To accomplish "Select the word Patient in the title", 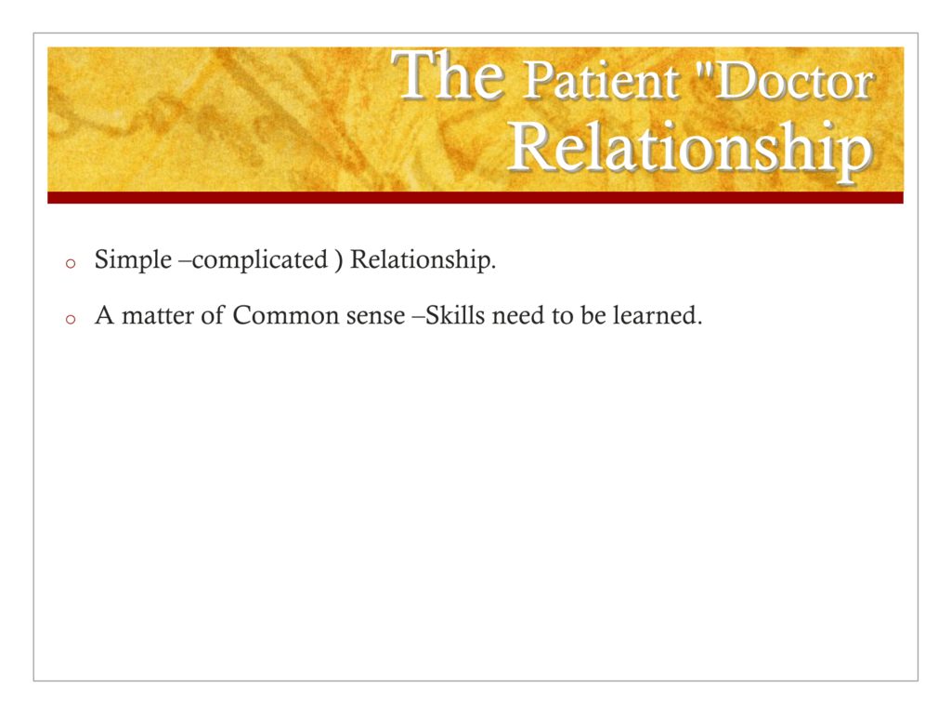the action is tap(601, 81).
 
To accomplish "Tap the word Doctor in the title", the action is tap(796, 81).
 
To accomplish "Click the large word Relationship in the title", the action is tap(691, 150).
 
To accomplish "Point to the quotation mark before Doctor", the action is tap(705, 69).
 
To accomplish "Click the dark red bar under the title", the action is tap(475, 197).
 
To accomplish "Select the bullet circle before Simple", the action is tap(71, 263).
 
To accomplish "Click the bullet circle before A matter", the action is tap(71, 320).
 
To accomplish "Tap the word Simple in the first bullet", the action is tap(134, 260).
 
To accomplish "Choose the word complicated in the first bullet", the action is tap(260, 260).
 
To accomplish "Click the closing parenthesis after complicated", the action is tap(338, 260).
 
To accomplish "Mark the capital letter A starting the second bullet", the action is tap(104, 316).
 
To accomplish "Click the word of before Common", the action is tap(213, 315).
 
